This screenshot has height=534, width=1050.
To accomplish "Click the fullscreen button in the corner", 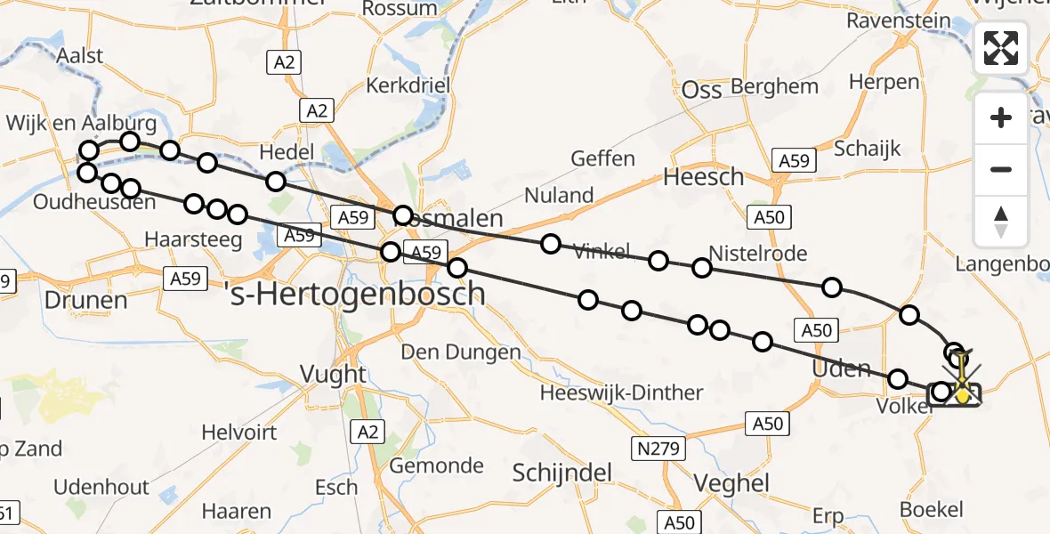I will [1001, 48].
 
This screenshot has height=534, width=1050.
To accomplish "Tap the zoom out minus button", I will [1001, 169].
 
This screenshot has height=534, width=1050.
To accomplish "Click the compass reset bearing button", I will [1001, 221].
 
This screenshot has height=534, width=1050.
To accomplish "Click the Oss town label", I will [701, 89].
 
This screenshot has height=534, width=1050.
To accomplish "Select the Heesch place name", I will [703, 177].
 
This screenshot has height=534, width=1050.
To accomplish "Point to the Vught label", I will [333, 374].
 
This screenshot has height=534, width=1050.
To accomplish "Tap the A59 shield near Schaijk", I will [793, 160].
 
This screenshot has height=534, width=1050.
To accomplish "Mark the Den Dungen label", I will [461, 352].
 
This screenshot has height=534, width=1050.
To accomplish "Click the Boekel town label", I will [932, 510].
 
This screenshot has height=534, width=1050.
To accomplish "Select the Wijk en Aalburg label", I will [82, 123].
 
